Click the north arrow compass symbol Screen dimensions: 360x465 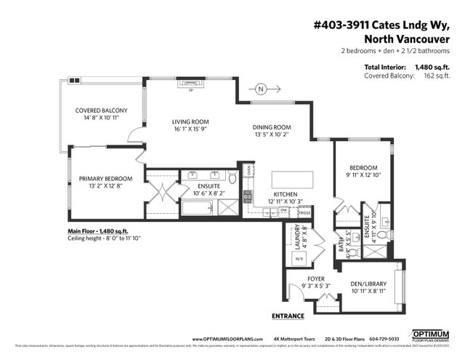[261, 89]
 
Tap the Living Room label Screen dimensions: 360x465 [190, 126]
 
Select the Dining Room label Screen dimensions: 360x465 [271, 130]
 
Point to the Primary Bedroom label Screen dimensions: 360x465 [105, 183]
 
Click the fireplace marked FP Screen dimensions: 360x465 [190, 83]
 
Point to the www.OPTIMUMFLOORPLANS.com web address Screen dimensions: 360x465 [226, 339]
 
